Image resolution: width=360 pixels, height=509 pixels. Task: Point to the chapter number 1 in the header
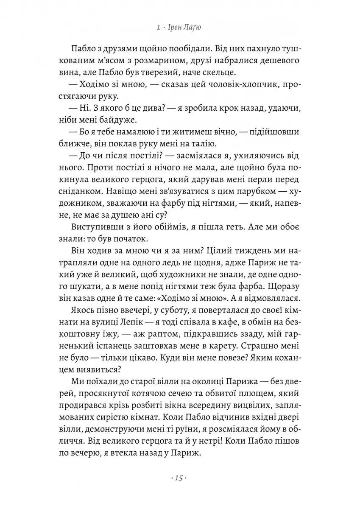[x=158, y=28]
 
